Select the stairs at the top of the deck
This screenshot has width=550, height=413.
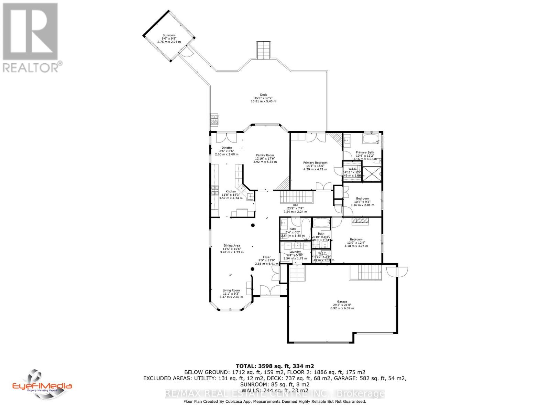(264, 50)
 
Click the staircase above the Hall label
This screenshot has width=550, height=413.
(296, 198)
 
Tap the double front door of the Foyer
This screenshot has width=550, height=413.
(270, 290)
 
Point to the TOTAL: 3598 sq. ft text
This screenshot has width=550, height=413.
(275, 366)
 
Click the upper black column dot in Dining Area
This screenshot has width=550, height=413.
(253, 225)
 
